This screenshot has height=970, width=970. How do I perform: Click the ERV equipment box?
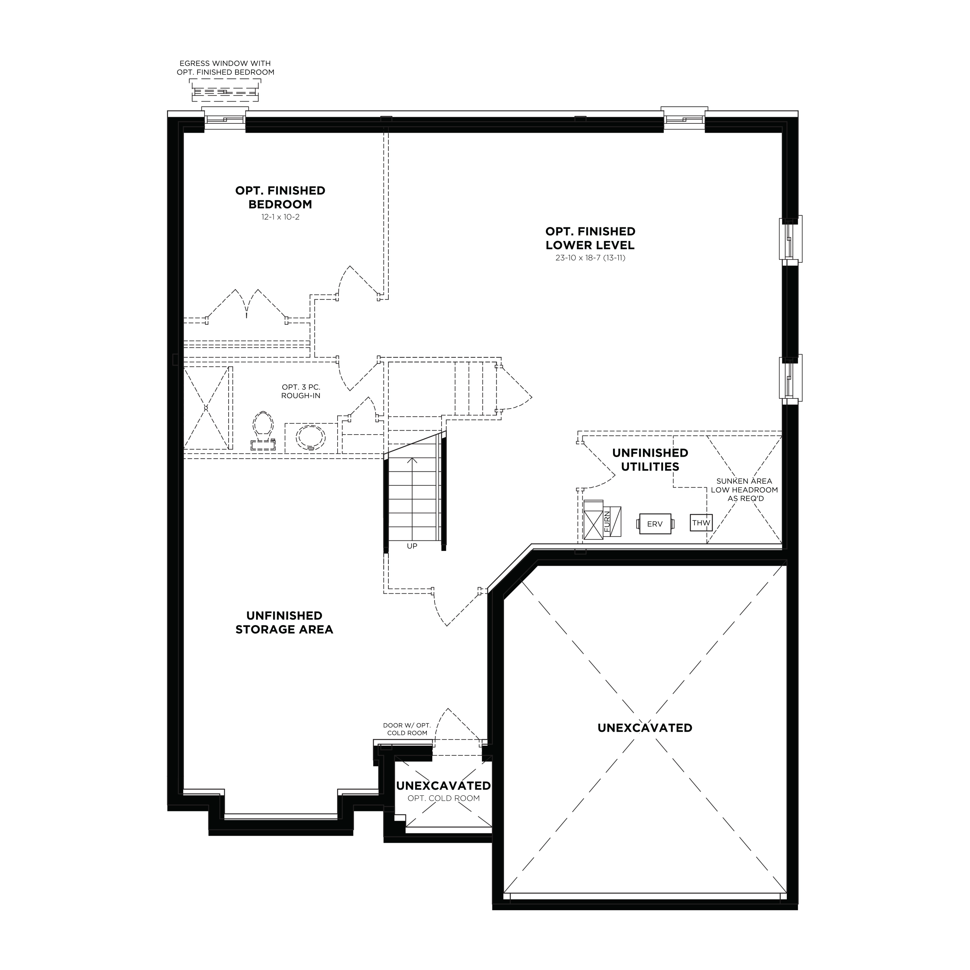tap(655, 524)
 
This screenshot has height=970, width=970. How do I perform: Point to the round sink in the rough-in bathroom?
tap(310, 437)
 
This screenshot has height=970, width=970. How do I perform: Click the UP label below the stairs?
tap(412, 546)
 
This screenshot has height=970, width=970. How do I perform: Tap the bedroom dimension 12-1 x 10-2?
tap(280, 217)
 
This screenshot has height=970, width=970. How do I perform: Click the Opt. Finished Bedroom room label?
tap(280, 197)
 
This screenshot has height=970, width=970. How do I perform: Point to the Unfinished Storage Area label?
tap(284, 623)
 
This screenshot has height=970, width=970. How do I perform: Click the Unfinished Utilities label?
tap(650, 460)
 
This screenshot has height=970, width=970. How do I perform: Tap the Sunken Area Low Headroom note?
tap(744, 490)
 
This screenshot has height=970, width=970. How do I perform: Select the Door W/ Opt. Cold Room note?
tap(407, 729)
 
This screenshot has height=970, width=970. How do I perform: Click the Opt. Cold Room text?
tap(444, 798)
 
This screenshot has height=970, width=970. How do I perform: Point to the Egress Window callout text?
tap(225, 68)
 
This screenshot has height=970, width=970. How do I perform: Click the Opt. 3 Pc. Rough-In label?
tap(301, 391)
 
